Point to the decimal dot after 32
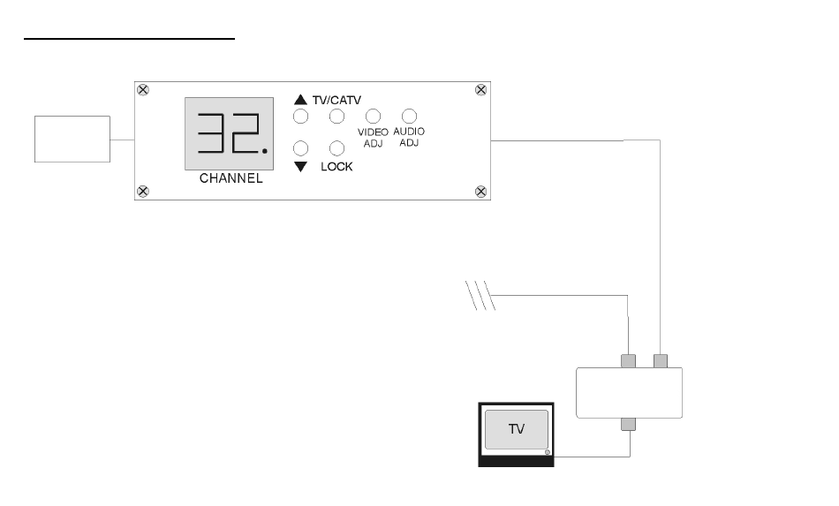[x=264, y=160]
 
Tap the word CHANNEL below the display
[x=231, y=178]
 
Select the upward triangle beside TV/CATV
[x=300, y=101]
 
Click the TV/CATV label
[x=337, y=101]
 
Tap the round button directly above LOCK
[x=336, y=148]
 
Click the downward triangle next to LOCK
[x=300, y=167]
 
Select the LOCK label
[x=336, y=167]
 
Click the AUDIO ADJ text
[x=409, y=136]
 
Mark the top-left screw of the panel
[x=144, y=89]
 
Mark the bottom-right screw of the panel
[x=481, y=192]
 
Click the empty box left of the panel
[x=72, y=139]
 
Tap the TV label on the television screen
[x=517, y=430]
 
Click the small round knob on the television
[x=548, y=453]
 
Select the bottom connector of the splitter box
[x=629, y=424]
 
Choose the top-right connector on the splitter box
[x=660, y=360]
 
